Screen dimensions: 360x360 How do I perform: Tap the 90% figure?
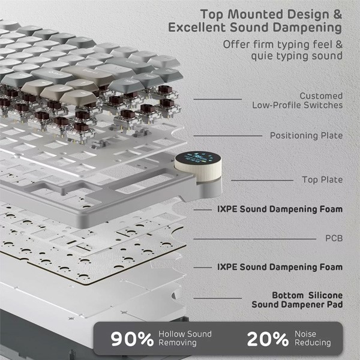132,339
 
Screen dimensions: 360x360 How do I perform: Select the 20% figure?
268,339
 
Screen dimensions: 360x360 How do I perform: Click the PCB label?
334,238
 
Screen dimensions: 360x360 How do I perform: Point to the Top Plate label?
322,180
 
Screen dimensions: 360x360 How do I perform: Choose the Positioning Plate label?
306,136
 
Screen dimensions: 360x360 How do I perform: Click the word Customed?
321,96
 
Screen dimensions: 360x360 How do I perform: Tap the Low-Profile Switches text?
298,105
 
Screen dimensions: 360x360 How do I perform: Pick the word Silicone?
326,295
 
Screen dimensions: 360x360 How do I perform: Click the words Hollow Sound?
185,334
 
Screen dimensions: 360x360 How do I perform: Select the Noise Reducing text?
313,338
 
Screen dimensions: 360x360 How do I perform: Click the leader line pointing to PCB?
255,239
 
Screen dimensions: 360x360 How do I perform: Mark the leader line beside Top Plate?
262,181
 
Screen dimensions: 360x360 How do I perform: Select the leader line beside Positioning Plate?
228,136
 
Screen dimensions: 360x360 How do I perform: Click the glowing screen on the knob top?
197,158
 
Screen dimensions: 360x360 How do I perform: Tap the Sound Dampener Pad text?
298,305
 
